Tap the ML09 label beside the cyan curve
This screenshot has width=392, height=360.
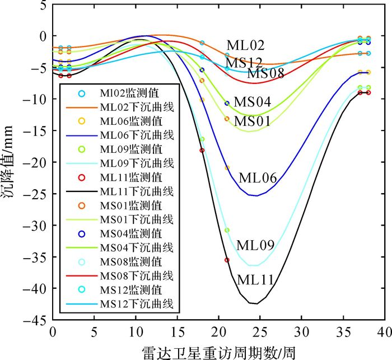click(x=255, y=245)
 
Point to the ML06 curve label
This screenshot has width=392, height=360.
click(x=258, y=178)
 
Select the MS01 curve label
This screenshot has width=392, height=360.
click(x=253, y=121)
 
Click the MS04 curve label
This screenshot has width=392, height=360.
click(x=252, y=102)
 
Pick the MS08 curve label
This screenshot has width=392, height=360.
click(x=265, y=73)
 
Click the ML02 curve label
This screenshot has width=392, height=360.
click(x=245, y=45)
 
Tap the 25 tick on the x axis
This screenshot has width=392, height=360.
click(x=260, y=331)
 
